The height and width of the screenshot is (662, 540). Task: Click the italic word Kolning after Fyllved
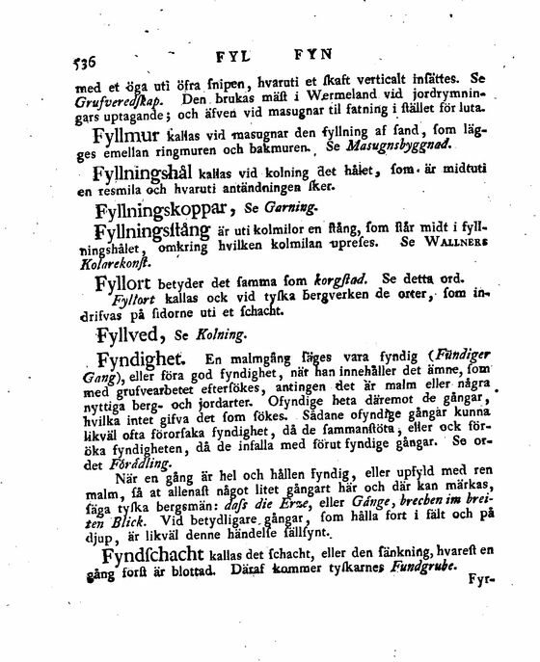(223, 336)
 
